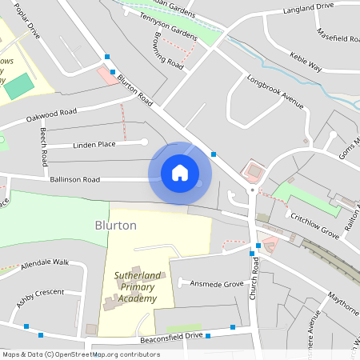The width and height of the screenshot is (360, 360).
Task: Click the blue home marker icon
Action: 180,172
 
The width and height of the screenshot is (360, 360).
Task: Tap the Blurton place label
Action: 116,226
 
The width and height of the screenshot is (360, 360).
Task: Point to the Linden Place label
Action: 94,144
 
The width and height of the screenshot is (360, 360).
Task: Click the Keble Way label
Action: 306,63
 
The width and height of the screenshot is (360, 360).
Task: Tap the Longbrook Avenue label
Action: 276,91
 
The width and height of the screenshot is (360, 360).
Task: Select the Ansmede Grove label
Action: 211,283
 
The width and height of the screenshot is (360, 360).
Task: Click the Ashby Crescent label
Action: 40,297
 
